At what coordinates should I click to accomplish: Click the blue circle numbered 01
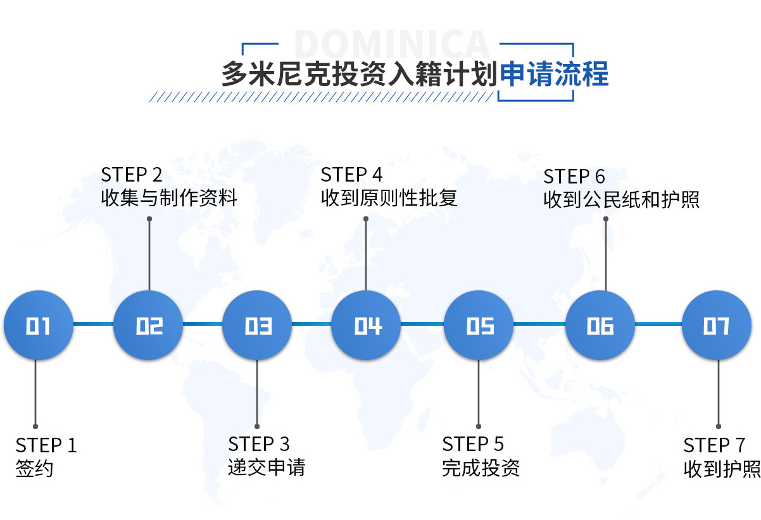tap(38, 325)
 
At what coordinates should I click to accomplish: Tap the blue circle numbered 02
tap(149, 325)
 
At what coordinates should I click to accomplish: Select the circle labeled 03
tap(258, 325)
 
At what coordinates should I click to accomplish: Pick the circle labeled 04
tap(367, 325)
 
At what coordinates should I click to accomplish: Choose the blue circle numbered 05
tap(479, 325)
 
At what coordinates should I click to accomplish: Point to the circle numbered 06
tap(600, 325)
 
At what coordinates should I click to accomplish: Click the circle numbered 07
tap(716, 325)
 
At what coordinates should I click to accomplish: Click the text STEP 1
tap(46, 445)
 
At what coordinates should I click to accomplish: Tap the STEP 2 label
tap(132, 175)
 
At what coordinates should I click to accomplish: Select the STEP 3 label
tap(259, 444)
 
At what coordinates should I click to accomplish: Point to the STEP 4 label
tap(352, 175)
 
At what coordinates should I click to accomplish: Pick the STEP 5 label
tap(473, 444)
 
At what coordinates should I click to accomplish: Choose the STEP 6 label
tap(574, 176)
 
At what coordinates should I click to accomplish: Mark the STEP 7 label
tap(714, 445)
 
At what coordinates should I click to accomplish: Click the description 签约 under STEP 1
tap(34, 469)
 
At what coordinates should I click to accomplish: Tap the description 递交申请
tap(267, 467)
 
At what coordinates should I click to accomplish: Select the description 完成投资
tap(481, 467)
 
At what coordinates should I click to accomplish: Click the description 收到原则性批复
tap(389, 198)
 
